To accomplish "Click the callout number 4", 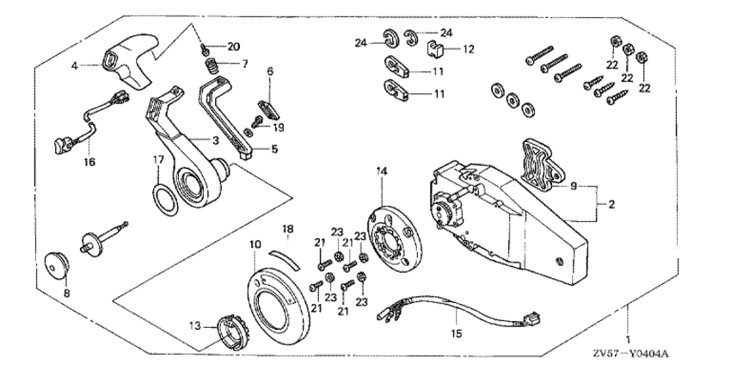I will pyautogui.click(x=74, y=65).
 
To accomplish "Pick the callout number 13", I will pyautogui.click(x=194, y=326).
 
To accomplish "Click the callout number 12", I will pyautogui.click(x=469, y=49).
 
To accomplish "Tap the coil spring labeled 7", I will pyautogui.click(x=206, y=65).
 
